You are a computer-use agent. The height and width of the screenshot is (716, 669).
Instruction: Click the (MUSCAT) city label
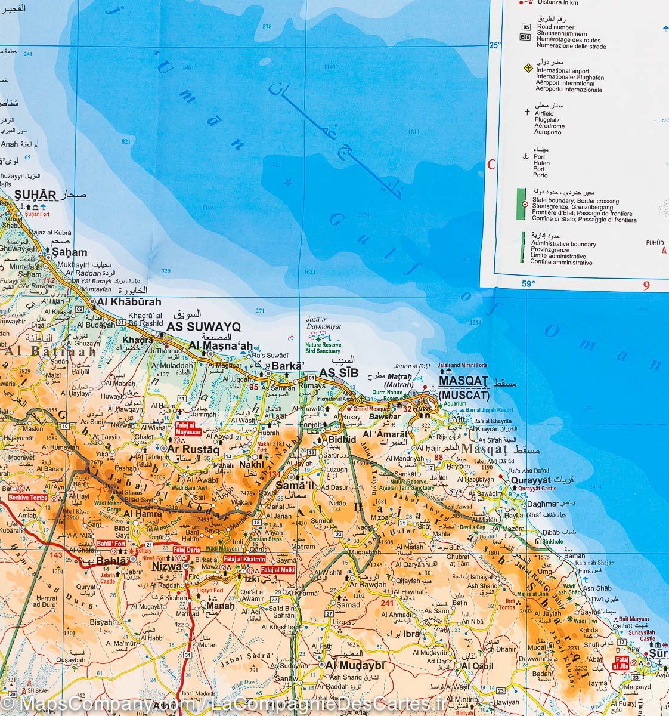(463, 395)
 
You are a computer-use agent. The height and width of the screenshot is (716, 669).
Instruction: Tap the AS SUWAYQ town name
(203, 326)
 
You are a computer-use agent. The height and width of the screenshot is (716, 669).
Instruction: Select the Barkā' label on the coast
(289, 366)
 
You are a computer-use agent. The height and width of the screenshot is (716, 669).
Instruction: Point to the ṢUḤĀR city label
(35, 195)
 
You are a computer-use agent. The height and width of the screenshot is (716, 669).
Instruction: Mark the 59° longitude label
(529, 284)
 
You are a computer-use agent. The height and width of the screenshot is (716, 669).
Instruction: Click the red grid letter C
(492, 165)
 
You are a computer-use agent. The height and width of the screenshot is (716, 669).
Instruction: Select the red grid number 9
(646, 285)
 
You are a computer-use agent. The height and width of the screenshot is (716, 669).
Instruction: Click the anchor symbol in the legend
(525, 156)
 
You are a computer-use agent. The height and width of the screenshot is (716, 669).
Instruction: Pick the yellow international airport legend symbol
(526, 69)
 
